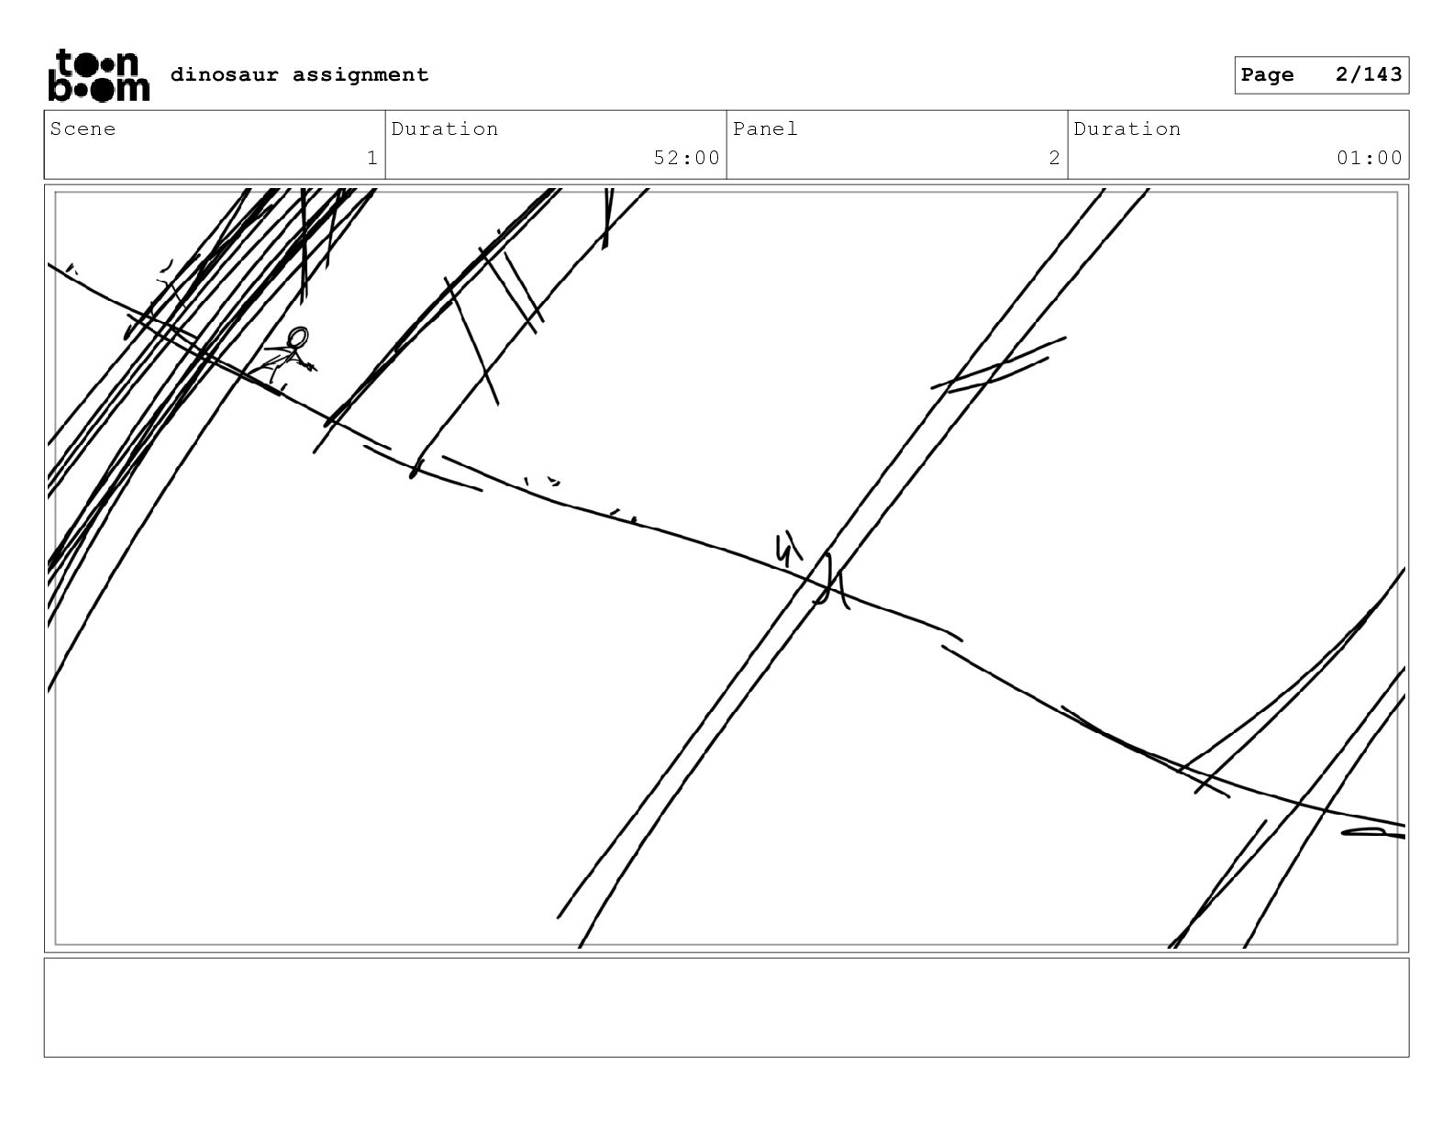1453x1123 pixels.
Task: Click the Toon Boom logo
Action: click(x=99, y=75)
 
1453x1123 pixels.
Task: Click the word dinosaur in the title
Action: click(x=224, y=74)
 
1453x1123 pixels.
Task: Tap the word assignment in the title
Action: click(x=360, y=75)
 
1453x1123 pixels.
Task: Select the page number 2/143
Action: click(x=1368, y=74)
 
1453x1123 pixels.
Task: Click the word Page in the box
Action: click(x=1267, y=75)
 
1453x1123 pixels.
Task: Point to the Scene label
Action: click(x=83, y=128)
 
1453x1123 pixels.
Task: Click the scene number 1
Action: click(x=372, y=158)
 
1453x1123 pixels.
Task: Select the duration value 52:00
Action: click(x=686, y=158)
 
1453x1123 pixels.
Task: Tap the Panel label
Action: click(x=765, y=128)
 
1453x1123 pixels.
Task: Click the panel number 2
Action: click(x=1055, y=158)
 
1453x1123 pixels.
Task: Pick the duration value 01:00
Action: click(x=1369, y=158)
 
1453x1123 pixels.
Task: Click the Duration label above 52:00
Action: click(x=445, y=128)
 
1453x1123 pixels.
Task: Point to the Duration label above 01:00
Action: click(x=1127, y=128)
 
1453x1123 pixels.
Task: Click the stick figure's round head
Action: click(x=299, y=335)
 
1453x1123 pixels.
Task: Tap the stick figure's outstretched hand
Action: click(x=309, y=366)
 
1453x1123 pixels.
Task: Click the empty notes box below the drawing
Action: click(x=726, y=1007)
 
